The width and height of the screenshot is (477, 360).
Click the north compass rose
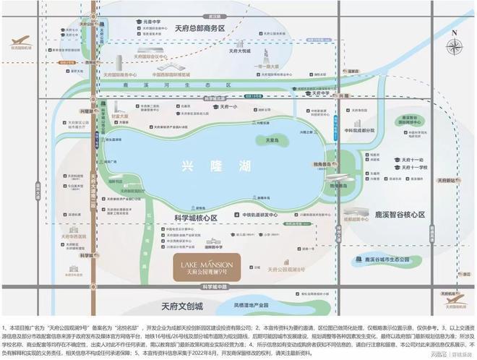click(454, 47)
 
